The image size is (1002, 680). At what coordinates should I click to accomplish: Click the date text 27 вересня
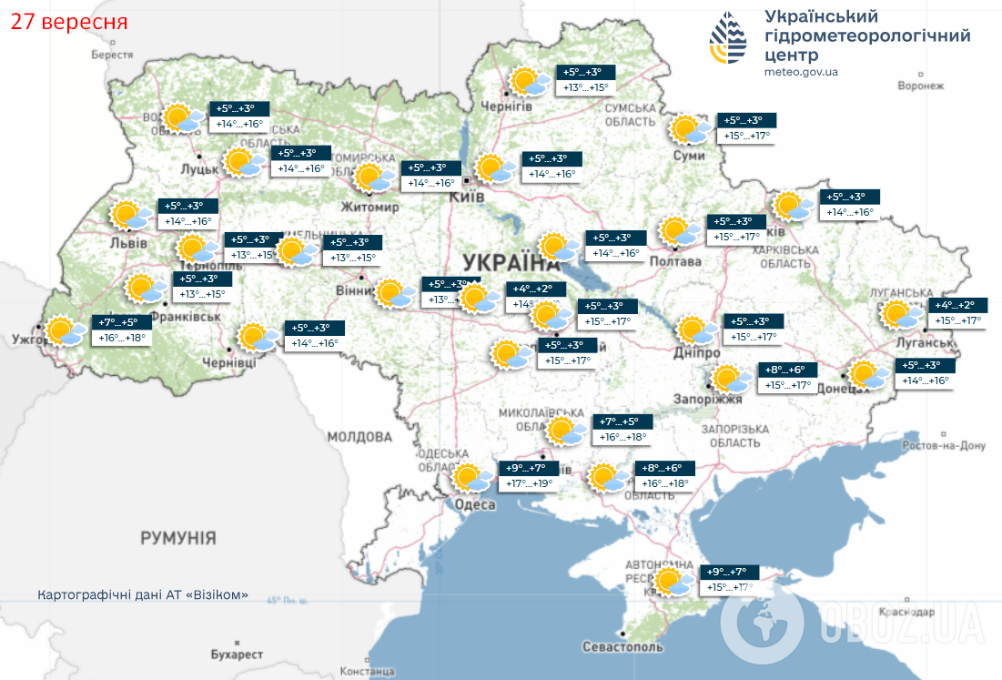[x=69, y=21]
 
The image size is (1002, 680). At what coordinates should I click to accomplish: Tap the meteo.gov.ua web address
[x=801, y=71]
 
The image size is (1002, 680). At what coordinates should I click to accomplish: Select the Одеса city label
[x=474, y=505]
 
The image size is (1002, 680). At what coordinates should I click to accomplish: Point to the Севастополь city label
[x=622, y=646]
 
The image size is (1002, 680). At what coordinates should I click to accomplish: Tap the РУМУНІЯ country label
[x=178, y=539]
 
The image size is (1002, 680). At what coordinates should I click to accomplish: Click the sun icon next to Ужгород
[x=65, y=331]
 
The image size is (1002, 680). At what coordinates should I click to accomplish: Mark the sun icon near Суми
[x=689, y=129]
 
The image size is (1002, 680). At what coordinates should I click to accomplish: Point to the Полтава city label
[x=674, y=262]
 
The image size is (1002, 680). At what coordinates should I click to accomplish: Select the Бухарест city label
[x=236, y=655]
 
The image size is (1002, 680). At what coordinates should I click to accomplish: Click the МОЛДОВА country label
[x=359, y=437]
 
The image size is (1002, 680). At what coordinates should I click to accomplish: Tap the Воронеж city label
[x=920, y=86]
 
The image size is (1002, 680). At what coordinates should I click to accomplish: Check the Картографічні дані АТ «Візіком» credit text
[x=143, y=594]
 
